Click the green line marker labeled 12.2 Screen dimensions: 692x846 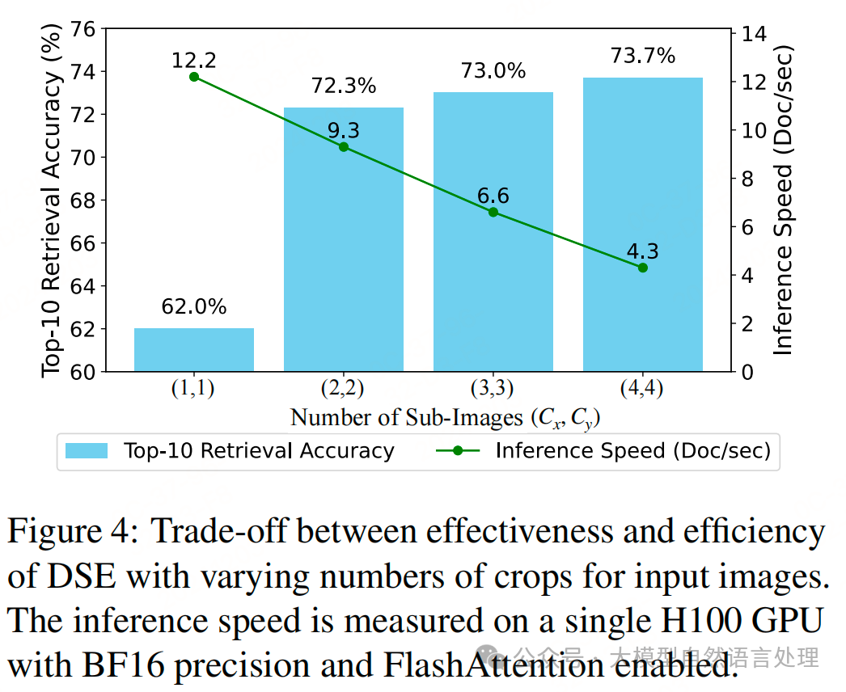pyautogui.click(x=194, y=77)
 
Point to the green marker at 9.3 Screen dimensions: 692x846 pyautogui.click(x=344, y=147)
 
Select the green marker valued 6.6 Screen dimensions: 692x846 pyautogui.click(x=493, y=212)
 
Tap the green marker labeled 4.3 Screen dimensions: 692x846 pyautogui.click(x=643, y=268)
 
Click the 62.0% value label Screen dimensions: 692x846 pyautogui.click(x=194, y=307)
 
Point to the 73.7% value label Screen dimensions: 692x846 pyautogui.click(x=643, y=56)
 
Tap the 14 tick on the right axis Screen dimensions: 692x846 pyautogui.click(x=752, y=34)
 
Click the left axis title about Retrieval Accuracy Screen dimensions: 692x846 pyautogui.click(x=52, y=200)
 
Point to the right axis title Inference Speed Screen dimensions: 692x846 pyautogui.click(x=783, y=200)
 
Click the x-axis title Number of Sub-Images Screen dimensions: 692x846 pyautogui.click(x=445, y=417)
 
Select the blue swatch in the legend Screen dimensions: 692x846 pyautogui.click(x=87, y=451)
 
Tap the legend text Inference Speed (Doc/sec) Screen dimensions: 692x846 pyautogui.click(x=632, y=451)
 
